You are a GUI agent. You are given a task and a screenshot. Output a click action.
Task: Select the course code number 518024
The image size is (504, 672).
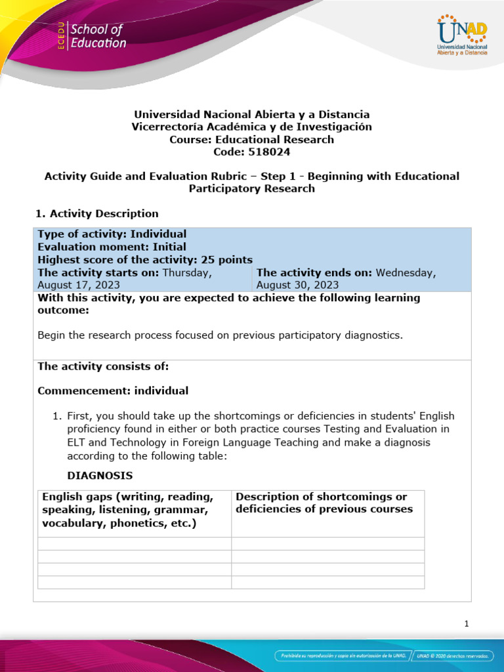coord(269,152)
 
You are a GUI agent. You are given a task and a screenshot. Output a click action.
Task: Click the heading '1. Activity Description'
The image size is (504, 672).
coord(96,213)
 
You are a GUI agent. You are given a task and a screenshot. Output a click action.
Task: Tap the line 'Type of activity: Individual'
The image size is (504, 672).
coord(112,234)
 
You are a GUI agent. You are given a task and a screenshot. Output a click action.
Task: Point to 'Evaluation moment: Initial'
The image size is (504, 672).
coord(112,247)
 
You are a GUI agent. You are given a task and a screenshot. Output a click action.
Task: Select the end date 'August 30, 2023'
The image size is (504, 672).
coord(297,285)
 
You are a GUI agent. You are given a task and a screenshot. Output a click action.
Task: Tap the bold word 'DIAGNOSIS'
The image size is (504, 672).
coord(100,474)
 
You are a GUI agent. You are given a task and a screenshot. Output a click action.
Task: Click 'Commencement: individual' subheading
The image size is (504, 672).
coord(113,391)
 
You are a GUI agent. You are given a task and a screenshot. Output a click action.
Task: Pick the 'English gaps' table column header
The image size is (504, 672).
coord(127,509)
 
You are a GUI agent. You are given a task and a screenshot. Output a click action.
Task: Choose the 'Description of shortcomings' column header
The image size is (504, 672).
coord(324,503)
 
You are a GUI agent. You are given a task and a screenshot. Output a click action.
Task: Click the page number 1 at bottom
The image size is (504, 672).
coord(466,623)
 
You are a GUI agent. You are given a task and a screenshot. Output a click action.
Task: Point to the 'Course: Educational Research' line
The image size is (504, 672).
coord(251,139)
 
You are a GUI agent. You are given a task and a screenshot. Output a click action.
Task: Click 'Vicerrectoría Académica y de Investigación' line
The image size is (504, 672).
coord(251,127)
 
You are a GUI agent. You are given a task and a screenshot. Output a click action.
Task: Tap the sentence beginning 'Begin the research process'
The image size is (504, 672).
coord(220,335)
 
